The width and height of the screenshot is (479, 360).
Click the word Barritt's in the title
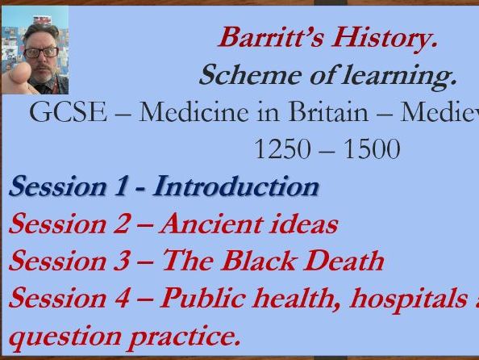coord(264,37)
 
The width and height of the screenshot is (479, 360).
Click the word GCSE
coord(67,112)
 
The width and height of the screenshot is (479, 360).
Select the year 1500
coord(369,149)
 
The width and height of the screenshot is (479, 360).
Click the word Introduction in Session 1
coord(236,186)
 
